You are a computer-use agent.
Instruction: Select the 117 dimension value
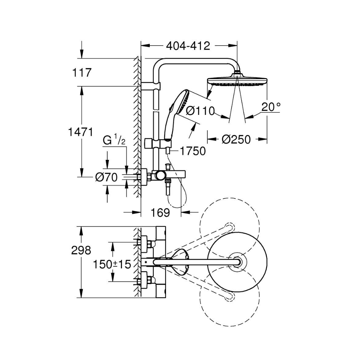82,72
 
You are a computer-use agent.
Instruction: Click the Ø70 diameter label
107,177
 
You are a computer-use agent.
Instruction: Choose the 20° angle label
270,107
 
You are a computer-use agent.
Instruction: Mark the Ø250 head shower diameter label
236,139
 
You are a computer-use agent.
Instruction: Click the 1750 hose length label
193,151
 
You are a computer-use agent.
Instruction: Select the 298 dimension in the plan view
81,250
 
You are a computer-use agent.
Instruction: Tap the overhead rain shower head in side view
237,81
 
